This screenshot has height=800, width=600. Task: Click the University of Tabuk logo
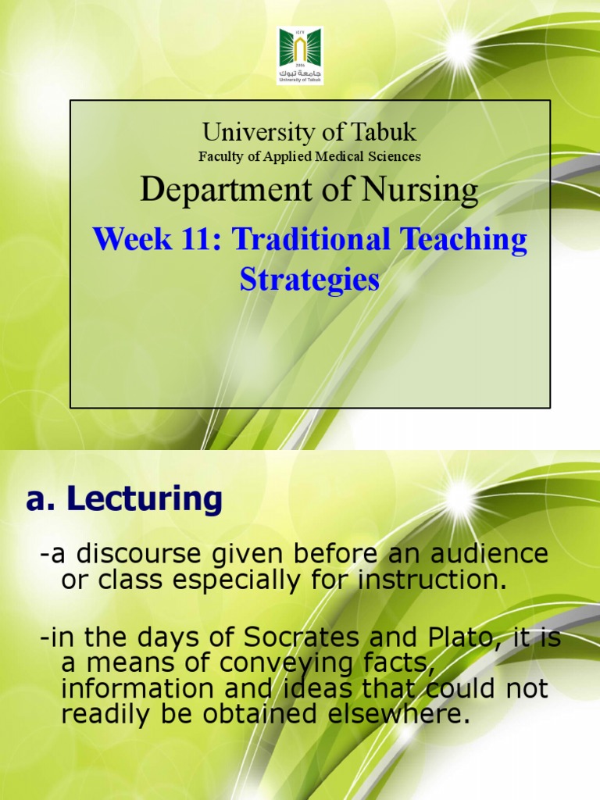(x=300, y=55)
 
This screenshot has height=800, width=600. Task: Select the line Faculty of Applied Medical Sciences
(x=309, y=156)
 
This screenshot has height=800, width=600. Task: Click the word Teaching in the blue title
(x=464, y=240)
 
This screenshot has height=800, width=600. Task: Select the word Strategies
(x=309, y=279)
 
